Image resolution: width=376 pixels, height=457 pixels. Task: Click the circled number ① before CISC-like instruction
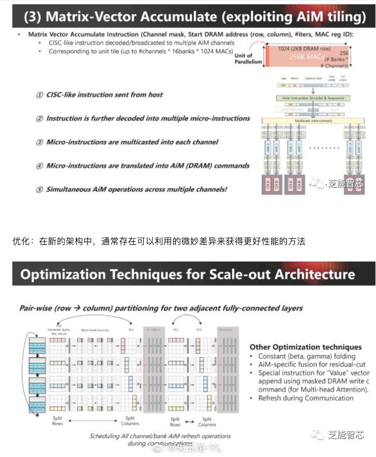(40, 95)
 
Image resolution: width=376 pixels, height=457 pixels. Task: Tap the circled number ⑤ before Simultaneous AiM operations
(40, 190)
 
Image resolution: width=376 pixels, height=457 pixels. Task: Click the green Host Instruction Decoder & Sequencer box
(313, 98)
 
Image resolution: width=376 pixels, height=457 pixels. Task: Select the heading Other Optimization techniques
(306, 347)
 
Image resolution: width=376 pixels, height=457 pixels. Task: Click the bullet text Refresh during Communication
(306, 398)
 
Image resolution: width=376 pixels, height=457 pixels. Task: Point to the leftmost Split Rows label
(57, 420)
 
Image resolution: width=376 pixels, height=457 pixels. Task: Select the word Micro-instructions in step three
(78, 142)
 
